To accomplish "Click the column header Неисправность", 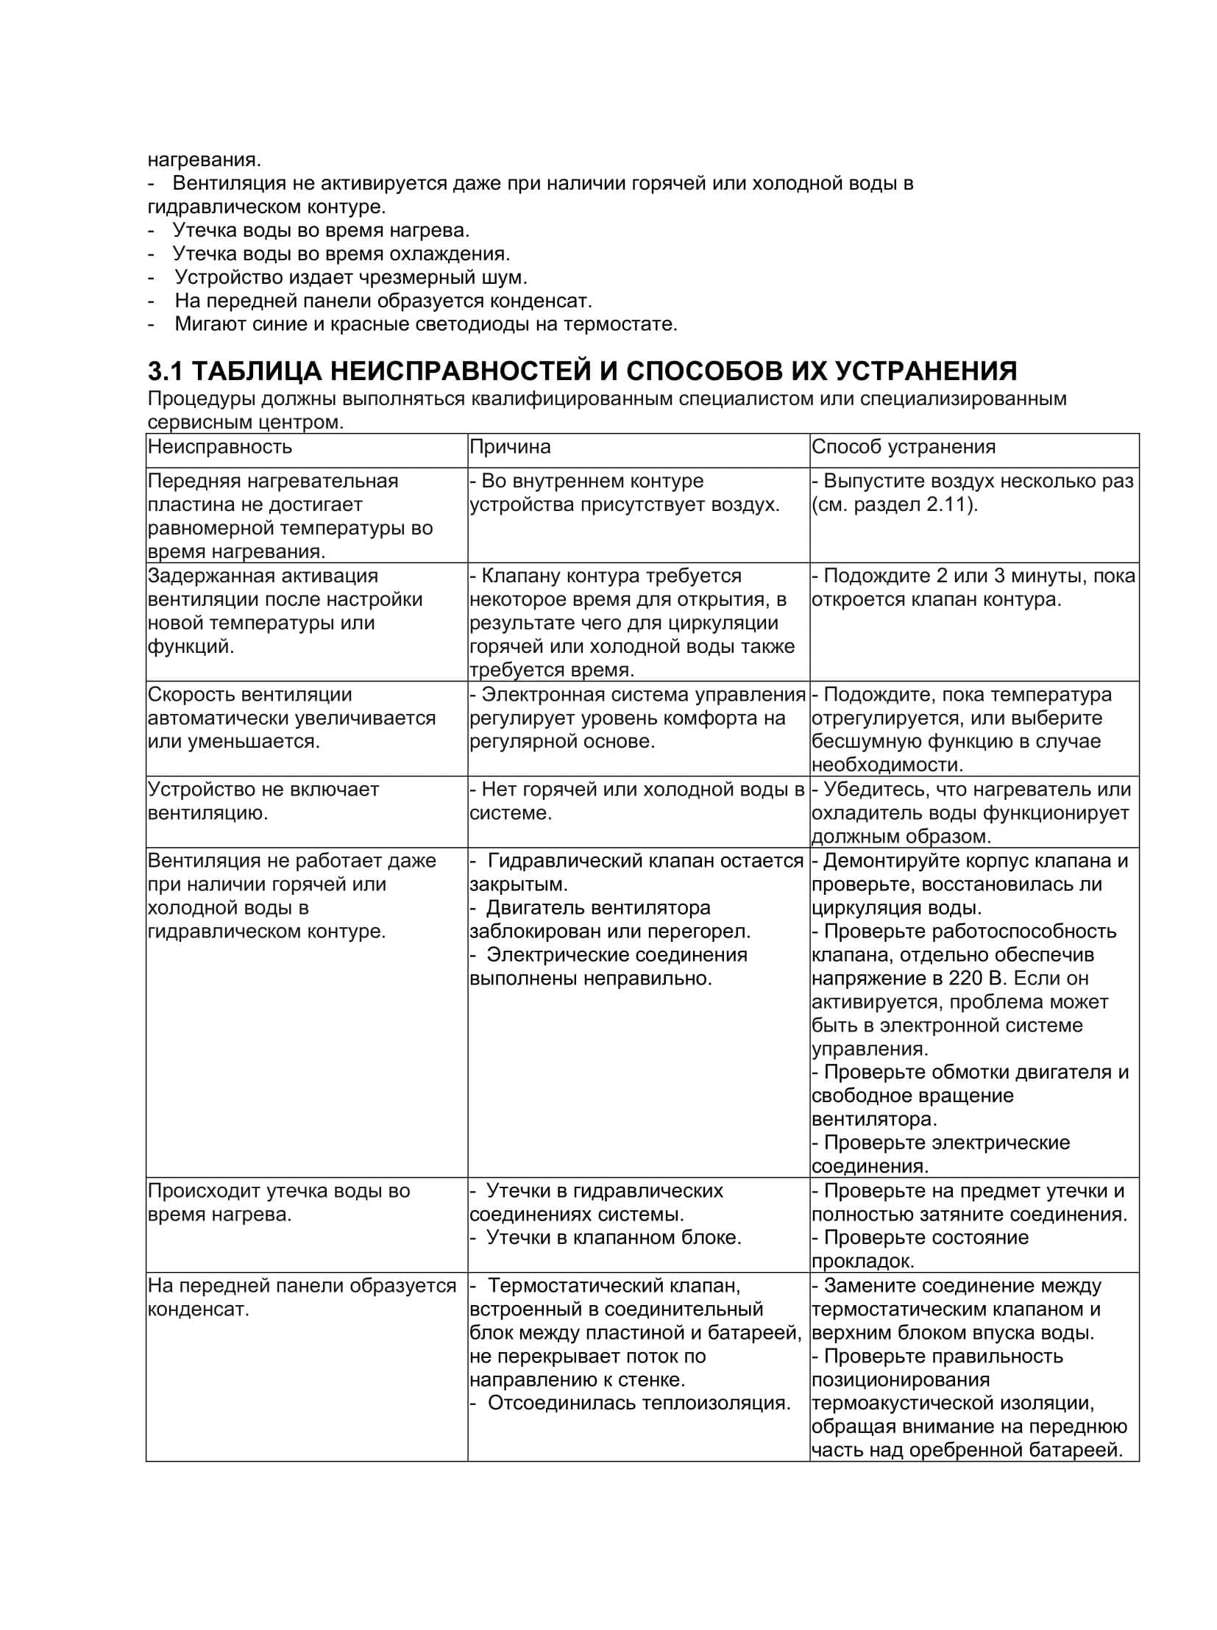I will click(219, 447).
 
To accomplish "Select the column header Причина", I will click(510, 447).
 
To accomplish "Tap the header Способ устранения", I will click(903, 447).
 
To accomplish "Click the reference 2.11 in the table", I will click(945, 505).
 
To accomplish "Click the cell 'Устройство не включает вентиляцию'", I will click(263, 801).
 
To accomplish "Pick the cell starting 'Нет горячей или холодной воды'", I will click(636, 801).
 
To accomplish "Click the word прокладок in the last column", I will click(862, 1261).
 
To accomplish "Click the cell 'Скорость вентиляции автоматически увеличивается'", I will click(291, 718).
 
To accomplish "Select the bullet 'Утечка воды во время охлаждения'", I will click(341, 254).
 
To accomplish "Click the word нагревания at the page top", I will click(204, 160).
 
